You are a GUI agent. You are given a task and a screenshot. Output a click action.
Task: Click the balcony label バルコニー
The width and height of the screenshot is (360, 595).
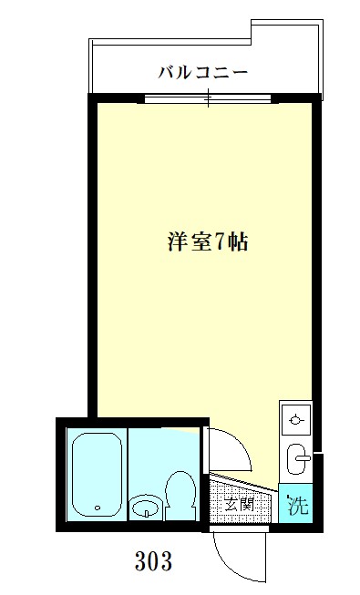click(x=202, y=72)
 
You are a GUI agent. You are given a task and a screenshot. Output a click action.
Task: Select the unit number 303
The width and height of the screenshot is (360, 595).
click(x=152, y=559)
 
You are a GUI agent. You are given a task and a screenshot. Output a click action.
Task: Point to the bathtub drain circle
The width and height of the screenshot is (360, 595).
click(x=97, y=508)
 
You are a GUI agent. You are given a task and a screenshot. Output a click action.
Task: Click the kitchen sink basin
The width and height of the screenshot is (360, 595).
click(x=297, y=459)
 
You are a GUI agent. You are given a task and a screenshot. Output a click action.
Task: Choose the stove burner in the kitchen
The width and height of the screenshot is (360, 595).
click(x=295, y=419)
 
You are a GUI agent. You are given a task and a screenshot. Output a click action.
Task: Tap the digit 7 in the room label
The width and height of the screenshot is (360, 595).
click(x=220, y=242)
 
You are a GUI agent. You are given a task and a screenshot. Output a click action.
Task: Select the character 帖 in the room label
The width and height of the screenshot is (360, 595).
click(x=239, y=242)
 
